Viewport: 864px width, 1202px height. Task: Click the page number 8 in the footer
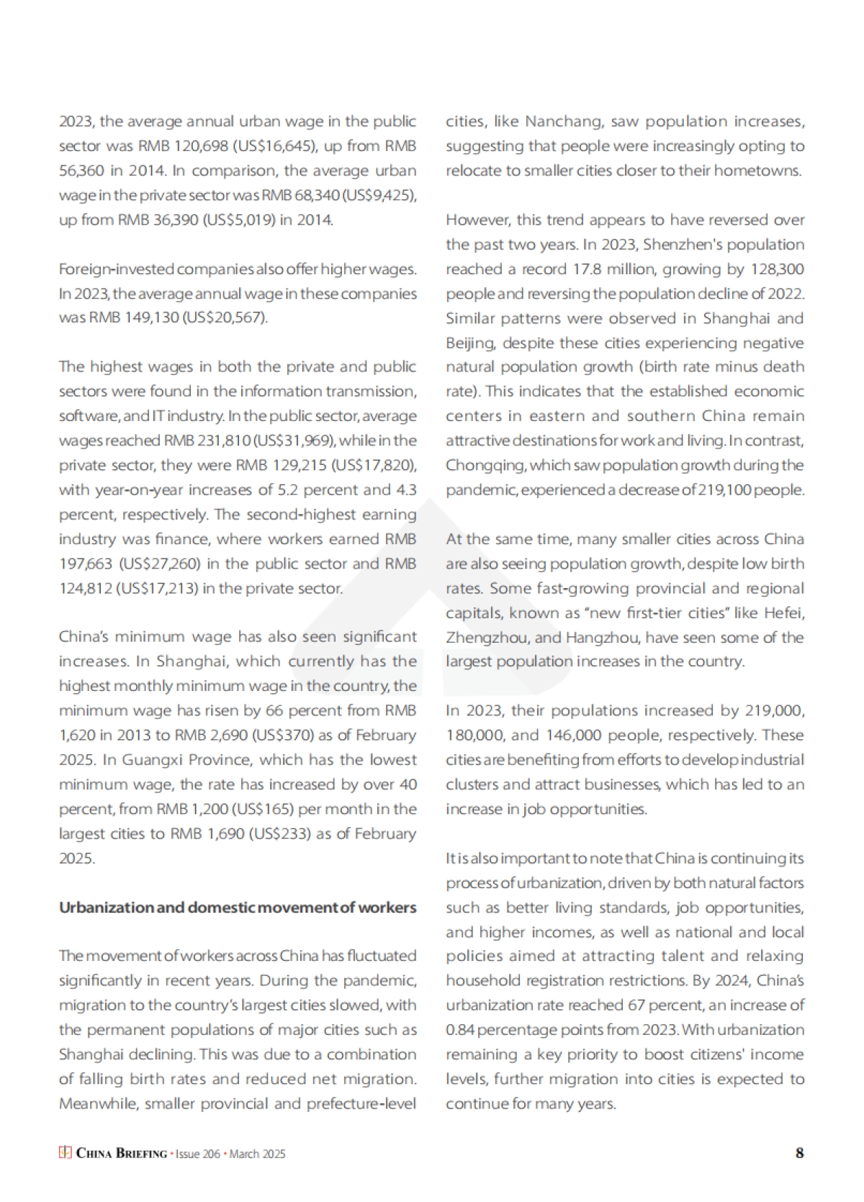[x=799, y=1153]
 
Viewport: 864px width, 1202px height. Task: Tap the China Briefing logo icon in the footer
[x=65, y=1153]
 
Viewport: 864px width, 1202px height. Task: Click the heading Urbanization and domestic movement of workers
[x=238, y=907]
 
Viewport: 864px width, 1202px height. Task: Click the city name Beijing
[x=469, y=343]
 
